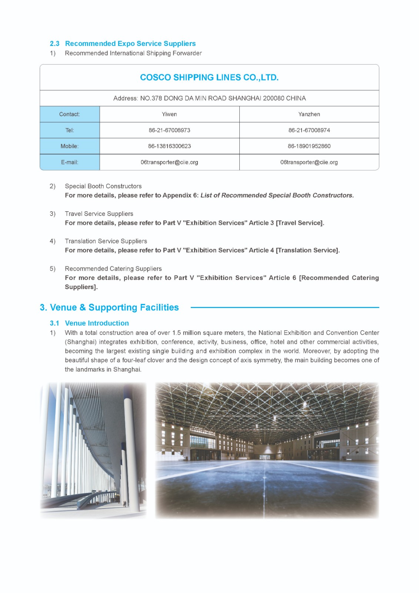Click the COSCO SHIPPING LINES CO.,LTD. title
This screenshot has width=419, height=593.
[209, 77]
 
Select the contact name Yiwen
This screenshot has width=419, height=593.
[169, 114]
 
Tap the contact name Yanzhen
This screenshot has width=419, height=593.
[309, 114]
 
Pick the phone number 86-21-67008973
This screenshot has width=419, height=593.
[169, 130]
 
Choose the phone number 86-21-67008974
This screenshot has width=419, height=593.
[309, 130]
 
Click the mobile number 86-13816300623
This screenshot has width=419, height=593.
[169, 146]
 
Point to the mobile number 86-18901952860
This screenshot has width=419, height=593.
[309, 146]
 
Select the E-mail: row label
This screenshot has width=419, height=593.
[70, 162]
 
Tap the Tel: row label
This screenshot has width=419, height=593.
[70, 130]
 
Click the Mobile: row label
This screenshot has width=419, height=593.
[70, 146]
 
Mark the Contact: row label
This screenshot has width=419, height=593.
[70, 114]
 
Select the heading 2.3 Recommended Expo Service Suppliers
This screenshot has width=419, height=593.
[123, 44]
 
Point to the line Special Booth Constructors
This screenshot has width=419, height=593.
[103, 186]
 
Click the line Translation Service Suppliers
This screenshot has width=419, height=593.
[106, 241]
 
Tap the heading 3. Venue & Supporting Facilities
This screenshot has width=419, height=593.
[109, 307]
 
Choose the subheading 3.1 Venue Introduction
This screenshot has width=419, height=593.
[89, 323]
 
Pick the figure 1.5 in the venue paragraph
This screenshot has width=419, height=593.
[176, 333]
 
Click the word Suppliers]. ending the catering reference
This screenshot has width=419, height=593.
[81, 287]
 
